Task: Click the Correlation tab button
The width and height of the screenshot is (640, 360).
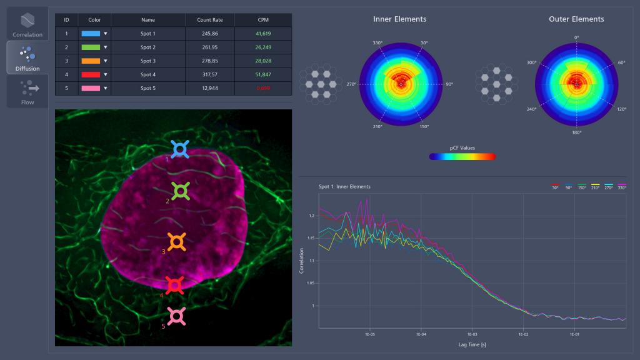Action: point(27,24)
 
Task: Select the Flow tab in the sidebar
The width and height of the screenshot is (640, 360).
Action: point(27,91)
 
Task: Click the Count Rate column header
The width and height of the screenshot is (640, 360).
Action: point(209,20)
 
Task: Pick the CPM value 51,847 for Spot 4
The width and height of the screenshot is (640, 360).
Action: point(263,74)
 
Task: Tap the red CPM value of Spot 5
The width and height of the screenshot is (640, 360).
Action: point(263,88)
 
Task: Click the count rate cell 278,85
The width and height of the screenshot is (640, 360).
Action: point(209,61)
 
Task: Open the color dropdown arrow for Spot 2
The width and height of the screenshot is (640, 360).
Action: point(106,47)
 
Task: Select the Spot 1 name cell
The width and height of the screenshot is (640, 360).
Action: point(148,33)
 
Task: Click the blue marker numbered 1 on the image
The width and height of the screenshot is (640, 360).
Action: point(180,149)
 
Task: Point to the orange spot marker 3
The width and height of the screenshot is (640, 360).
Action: point(177,242)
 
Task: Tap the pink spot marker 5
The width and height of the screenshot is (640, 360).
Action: point(177,316)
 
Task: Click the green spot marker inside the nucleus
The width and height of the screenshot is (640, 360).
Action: point(180,191)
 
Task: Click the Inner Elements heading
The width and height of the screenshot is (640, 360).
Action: point(399,19)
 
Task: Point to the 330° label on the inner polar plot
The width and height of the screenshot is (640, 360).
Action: point(377,43)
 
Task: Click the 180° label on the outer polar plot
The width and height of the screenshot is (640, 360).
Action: point(576,132)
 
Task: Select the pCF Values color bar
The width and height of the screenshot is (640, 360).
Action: point(462,156)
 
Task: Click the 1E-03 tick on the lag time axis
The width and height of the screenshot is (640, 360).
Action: point(471,334)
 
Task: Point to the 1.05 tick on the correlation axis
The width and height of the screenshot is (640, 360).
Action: point(310,282)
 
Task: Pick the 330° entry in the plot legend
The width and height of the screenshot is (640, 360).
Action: point(621,186)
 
